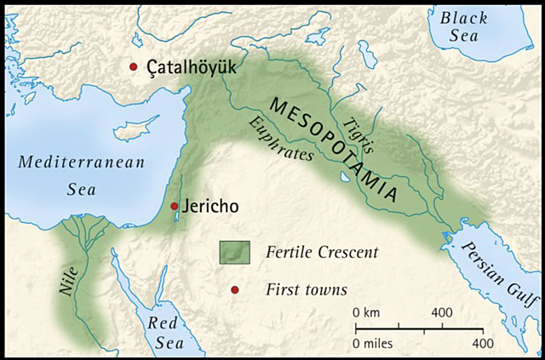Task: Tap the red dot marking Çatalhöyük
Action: coord(133,66)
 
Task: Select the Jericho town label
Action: coord(209,207)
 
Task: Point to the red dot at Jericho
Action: coord(174,206)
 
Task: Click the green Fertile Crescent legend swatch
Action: coord(234,252)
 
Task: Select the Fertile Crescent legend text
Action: coord(310,253)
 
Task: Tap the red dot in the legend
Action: coord(235,290)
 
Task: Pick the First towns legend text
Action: coord(306,290)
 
